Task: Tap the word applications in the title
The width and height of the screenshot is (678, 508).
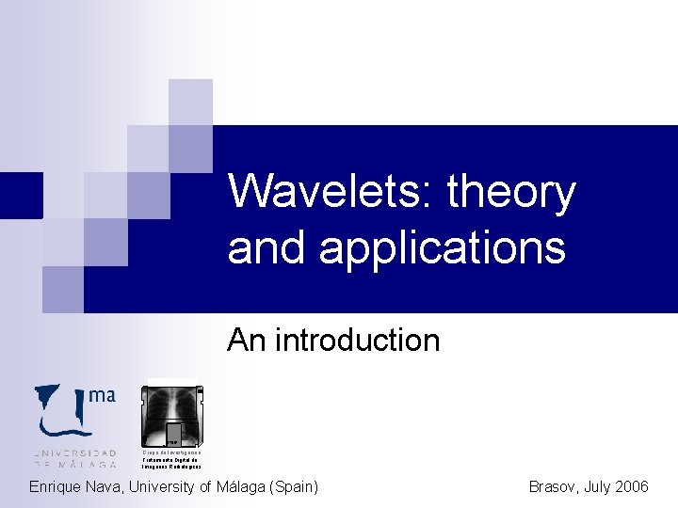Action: pyautogui.click(x=443, y=248)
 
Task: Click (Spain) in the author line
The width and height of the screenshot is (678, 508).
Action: pyautogui.click(x=293, y=487)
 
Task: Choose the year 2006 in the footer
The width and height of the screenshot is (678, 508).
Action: pyautogui.click(x=630, y=487)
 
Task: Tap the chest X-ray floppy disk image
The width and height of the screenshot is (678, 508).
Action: pyautogui.click(x=172, y=414)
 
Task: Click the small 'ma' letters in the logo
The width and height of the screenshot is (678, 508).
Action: pyautogui.click(x=102, y=396)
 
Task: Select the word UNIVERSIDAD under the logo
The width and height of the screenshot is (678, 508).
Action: pyautogui.click(x=75, y=452)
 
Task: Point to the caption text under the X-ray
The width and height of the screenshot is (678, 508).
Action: pyautogui.click(x=171, y=459)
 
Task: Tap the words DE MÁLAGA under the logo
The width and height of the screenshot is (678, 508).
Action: pyautogui.click(x=75, y=464)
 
